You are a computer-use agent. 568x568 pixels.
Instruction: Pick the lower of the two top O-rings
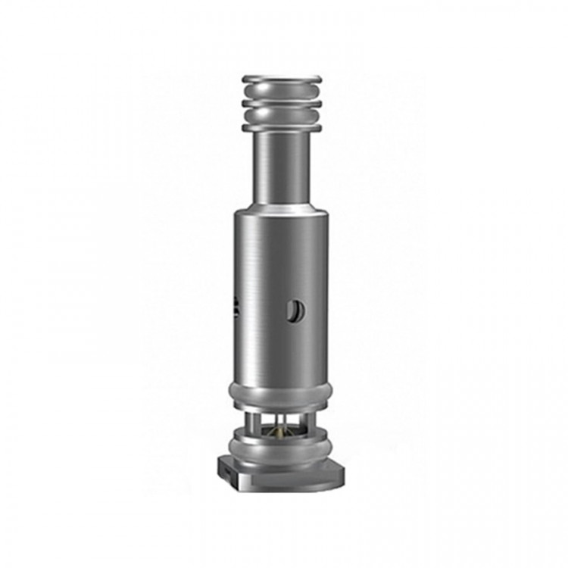click(282, 116)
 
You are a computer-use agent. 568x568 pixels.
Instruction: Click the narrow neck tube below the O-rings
click(282, 167)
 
